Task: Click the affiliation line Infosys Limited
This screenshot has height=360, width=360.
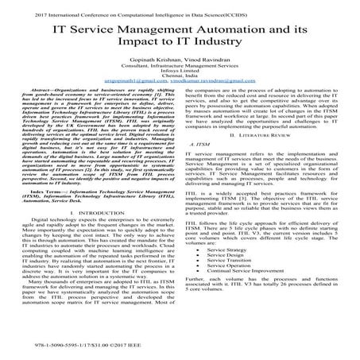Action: pos(180,85)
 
